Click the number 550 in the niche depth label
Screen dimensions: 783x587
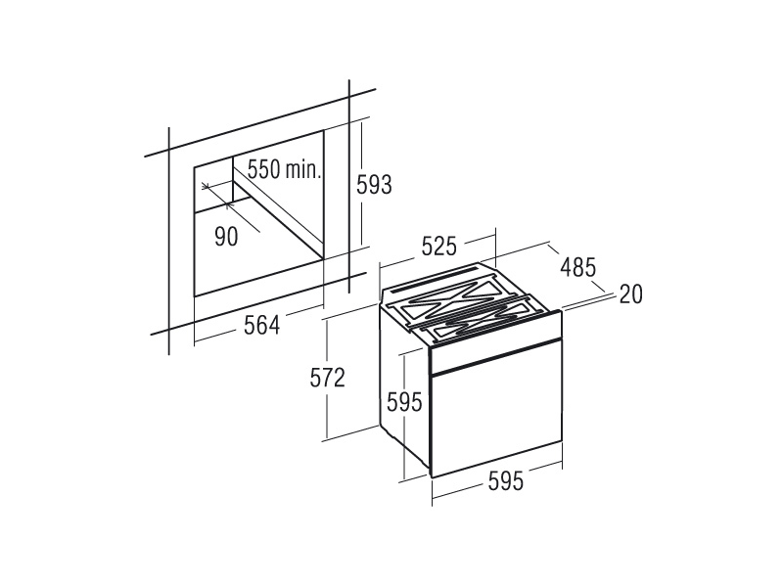(264, 169)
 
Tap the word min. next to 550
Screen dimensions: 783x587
(302, 169)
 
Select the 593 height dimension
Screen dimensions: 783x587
(374, 185)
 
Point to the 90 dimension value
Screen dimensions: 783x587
(226, 237)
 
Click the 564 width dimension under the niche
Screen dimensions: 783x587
(261, 326)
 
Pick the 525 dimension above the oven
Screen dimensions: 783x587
(438, 247)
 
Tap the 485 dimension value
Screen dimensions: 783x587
(578, 267)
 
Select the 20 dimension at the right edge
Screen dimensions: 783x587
(630, 294)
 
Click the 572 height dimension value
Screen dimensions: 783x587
(328, 378)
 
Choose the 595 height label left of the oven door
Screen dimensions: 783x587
(405, 402)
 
